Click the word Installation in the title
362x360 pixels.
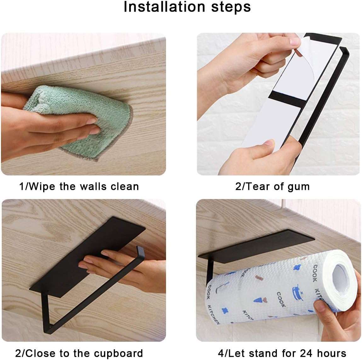pos(164,7)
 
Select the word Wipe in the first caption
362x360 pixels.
pos(42,186)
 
